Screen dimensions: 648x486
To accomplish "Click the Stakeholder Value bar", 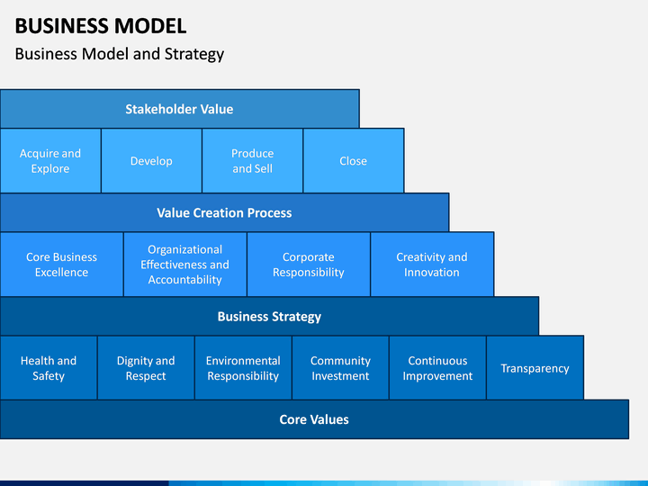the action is coord(180,109).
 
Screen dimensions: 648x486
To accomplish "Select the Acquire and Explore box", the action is coord(50,161).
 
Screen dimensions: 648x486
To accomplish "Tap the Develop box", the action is coord(151,161).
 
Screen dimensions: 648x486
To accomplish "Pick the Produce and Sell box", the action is coord(253,161).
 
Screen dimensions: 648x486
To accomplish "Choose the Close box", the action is coord(354,161).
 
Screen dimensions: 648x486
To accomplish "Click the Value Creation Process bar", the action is coord(224,212).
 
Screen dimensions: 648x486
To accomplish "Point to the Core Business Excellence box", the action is coord(61,265).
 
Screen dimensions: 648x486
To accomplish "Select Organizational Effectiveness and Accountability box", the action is coord(185,265).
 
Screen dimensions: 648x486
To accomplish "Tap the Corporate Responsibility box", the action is coord(309,265).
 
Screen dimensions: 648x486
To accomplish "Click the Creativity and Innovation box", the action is coord(432,265).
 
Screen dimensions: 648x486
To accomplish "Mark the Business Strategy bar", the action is coord(269,316).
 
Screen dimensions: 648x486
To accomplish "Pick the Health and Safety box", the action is coord(49,368).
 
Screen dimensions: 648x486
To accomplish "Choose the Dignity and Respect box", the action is coord(146,368).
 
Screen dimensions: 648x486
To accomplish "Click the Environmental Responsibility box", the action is coord(243,368).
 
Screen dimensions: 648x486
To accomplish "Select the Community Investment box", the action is coord(340,368).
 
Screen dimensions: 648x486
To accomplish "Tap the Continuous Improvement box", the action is coord(437,368).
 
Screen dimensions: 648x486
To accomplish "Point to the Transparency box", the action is coord(535,368).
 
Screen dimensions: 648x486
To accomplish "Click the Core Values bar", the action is coord(314,419).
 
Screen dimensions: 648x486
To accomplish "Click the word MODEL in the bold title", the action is coord(150,25).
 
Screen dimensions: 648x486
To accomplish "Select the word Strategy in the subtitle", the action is coord(194,54).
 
